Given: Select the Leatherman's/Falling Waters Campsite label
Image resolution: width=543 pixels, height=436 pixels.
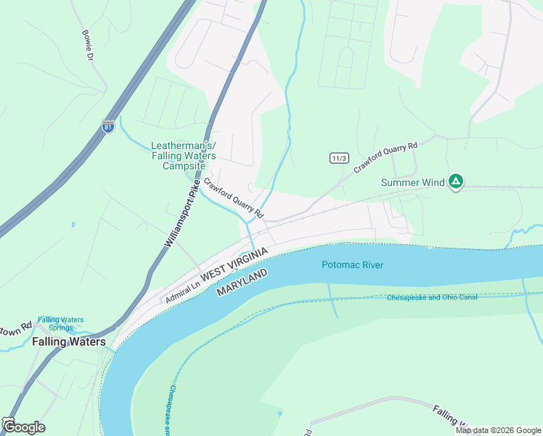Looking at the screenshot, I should click(x=179, y=156).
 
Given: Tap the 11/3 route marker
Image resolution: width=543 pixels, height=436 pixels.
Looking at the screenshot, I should click(x=338, y=158).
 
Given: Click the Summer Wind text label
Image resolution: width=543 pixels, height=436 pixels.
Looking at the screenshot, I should click(x=412, y=182).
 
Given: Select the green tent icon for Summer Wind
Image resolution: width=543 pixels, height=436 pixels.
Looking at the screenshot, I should click(x=455, y=181).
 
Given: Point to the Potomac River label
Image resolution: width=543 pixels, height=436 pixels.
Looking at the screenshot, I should click(x=352, y=265).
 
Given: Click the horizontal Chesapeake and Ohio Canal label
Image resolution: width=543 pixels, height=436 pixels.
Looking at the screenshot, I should click(x=431, y=297).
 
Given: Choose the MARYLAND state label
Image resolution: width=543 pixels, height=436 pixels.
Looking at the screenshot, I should click(x=242, y=282).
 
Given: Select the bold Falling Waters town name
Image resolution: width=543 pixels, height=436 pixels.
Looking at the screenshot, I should click(x=69, y=342).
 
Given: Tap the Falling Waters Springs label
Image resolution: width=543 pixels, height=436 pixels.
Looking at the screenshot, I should click(x=61, y=324).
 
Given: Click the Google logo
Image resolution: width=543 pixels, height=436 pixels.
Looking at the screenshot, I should click(x=23, y=427).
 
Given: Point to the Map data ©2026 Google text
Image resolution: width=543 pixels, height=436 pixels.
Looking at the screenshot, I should click(x=498, y=430).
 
